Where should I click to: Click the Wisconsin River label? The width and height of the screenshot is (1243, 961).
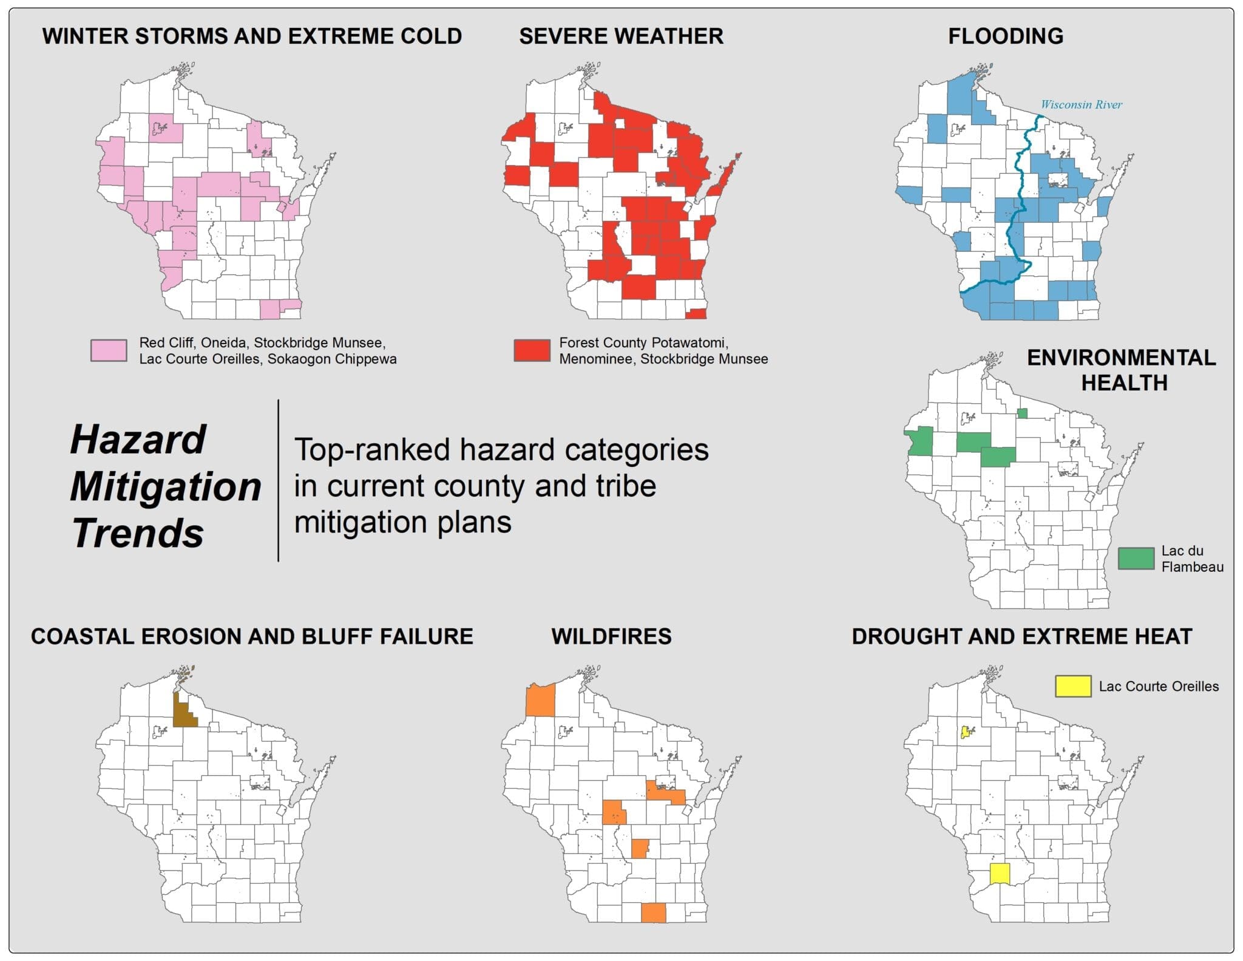pos(1081,104)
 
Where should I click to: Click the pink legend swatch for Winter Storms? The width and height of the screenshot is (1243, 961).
pos(109,350)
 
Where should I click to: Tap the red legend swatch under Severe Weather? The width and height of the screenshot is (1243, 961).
pos(532,350)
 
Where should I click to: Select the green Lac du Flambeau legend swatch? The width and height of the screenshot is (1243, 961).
pos(1136,558)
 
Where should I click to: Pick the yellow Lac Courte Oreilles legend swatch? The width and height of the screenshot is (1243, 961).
pos(1073,686)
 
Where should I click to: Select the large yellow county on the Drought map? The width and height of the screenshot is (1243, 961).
pos(999,874)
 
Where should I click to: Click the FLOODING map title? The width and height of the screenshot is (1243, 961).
pos(1005,36)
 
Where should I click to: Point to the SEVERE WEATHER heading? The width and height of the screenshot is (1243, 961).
pos(621,36)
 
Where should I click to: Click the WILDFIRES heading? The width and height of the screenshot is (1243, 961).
pos(611,636)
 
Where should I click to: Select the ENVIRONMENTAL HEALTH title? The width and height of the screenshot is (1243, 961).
pos(1121,370)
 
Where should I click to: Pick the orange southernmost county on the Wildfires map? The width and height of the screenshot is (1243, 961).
pos(654,912)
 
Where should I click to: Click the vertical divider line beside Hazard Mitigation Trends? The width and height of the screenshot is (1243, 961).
pos(279,480)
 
